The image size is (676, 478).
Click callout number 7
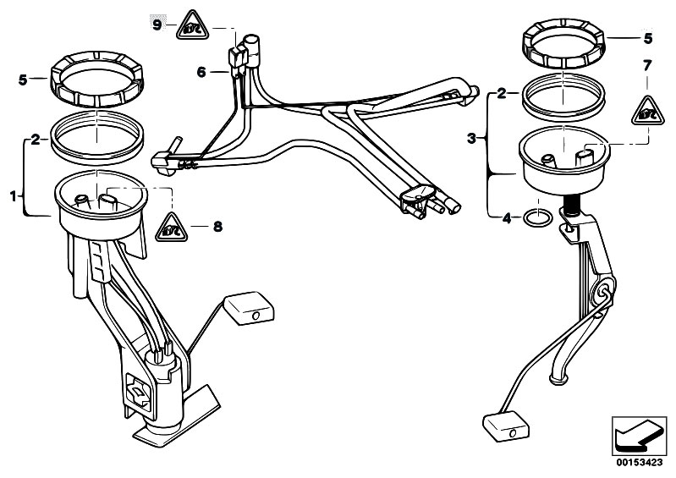point(647,64)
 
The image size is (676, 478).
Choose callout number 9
point(157,25)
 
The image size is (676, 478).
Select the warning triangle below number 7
point(647,110)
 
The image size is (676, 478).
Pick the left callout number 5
point(24,80)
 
